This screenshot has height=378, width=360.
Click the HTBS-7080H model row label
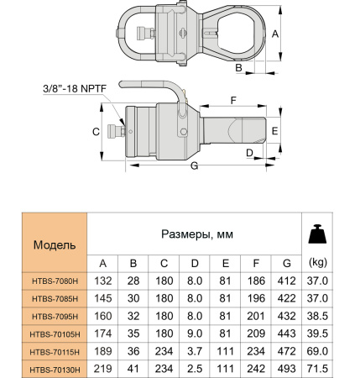pos(55,281)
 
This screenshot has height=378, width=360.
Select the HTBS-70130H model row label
pos(55,369)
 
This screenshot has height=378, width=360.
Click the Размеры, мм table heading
pos(194,233)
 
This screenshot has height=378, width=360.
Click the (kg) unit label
pos(318,262)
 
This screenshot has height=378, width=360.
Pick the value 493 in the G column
pos(287,369)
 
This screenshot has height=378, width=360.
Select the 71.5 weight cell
pos(318,369)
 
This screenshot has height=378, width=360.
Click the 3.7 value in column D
pos(194,351)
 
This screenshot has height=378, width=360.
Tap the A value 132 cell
pos(102,281)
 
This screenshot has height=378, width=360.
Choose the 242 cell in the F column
pos(256,369)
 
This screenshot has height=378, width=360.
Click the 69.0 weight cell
pos(318,351)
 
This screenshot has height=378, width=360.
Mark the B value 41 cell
pos(133,369)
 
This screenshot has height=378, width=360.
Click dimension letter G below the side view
pos(195,168)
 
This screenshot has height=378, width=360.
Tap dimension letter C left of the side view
pos(96,132)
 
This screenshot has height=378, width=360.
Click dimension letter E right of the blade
pos(274,130)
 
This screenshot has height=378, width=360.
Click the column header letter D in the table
pos(194,262)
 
